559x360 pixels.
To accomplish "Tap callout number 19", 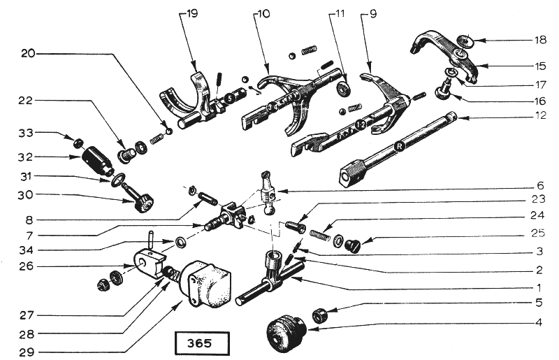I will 191,13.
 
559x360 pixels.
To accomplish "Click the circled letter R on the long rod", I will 399,147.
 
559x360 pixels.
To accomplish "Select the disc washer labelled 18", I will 465,41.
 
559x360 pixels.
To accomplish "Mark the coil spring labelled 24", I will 321,232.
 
